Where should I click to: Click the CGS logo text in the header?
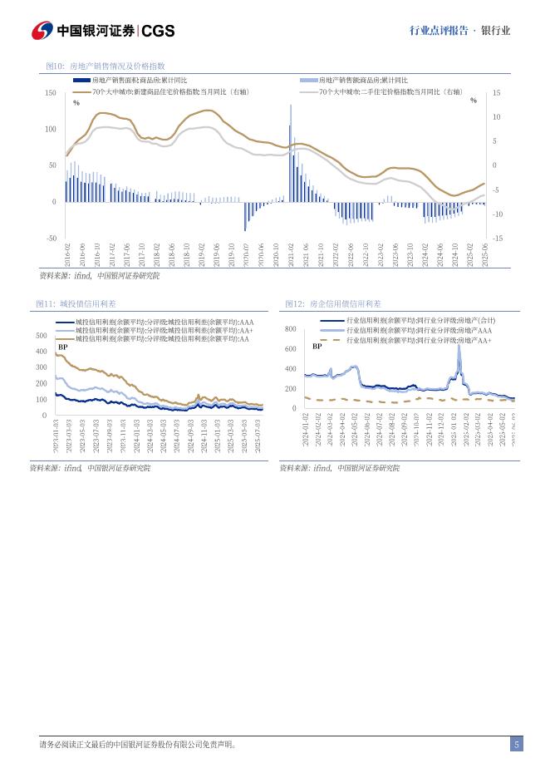click(158, 31)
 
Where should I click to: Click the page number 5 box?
click(516, 745)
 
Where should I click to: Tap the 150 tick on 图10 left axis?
click(51, 93)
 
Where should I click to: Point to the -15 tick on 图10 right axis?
click(497, 239)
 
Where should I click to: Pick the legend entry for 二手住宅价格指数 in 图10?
click(390, 91)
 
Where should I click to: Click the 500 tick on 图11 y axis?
click(42, 336)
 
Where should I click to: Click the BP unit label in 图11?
click(62, 346)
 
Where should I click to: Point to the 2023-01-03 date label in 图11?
click(56, 436)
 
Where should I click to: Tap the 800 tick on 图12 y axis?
click(291, 329)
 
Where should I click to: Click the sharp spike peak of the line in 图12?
click(459, 346)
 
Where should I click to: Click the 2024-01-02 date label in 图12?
click(306, 429)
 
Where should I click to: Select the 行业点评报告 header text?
click(435, 31)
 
